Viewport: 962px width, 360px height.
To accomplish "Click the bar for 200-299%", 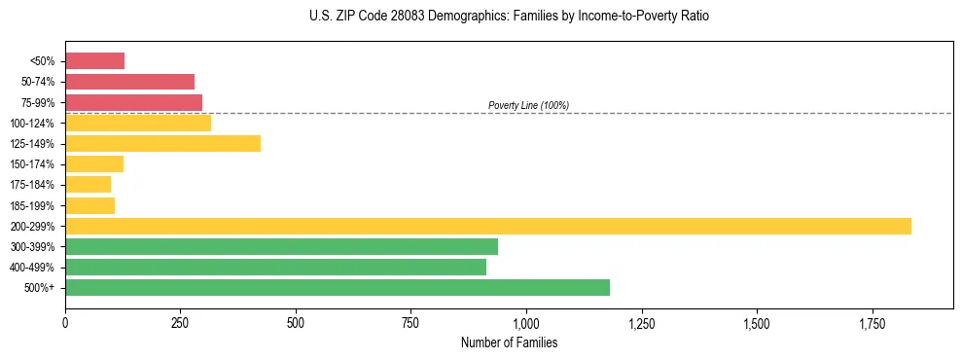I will pyautogui.click(x=487, y=226).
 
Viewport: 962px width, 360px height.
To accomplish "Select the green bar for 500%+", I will pyautogui.click(x=337, y=287).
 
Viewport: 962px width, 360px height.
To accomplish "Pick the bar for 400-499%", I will pyautogui.click(x=275, y=267).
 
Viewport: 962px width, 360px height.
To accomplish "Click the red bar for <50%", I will pyautogui.click(x=94, y=61).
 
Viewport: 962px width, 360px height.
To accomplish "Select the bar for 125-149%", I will pyautogui.click(x=162, y=144).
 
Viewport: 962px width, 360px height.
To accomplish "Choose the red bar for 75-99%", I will pyautogui.click(x=133, y=102).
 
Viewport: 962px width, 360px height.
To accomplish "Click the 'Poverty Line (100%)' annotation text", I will pyautogui.click(x=528, y=105).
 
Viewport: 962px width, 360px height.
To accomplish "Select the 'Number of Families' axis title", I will pyautogui.click(x=509, y=342).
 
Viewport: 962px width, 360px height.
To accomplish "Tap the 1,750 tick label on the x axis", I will pyautogui.click(x=756, y=321).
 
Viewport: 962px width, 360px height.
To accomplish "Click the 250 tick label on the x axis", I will pyautogui.click(x=180, y=321).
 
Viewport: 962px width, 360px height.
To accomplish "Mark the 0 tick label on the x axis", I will pyautogui.click(x=65, y=321).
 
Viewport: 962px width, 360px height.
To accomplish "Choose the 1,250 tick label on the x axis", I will pyautogui.click(x=641, y=321).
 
